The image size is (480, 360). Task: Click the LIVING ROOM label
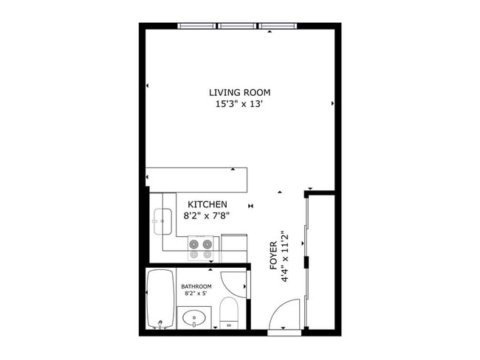(239, 92)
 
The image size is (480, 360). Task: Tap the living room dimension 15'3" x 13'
(239, 105)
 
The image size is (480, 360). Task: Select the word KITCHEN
(207, 204)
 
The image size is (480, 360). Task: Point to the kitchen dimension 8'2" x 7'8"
(207, 216)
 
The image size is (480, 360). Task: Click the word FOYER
(273, 254)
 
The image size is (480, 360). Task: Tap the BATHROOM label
(196, 286)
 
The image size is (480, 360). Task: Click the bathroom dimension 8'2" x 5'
(196, 295)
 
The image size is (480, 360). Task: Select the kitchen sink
(162, 220)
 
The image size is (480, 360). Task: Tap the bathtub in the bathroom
(160, 299)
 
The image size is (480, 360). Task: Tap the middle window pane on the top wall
(238, 27)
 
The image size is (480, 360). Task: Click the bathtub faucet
(158, 323)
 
